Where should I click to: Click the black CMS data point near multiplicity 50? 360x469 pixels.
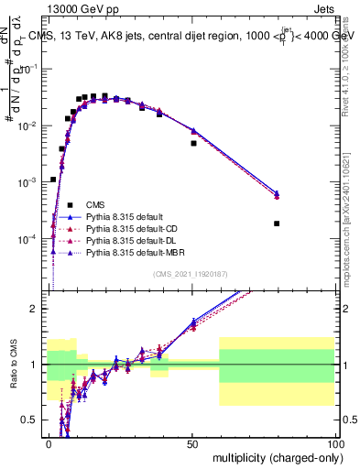pos(193,143)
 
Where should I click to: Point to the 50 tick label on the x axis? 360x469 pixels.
pos(192,443)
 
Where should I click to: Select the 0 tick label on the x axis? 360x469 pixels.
pos(49,443)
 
